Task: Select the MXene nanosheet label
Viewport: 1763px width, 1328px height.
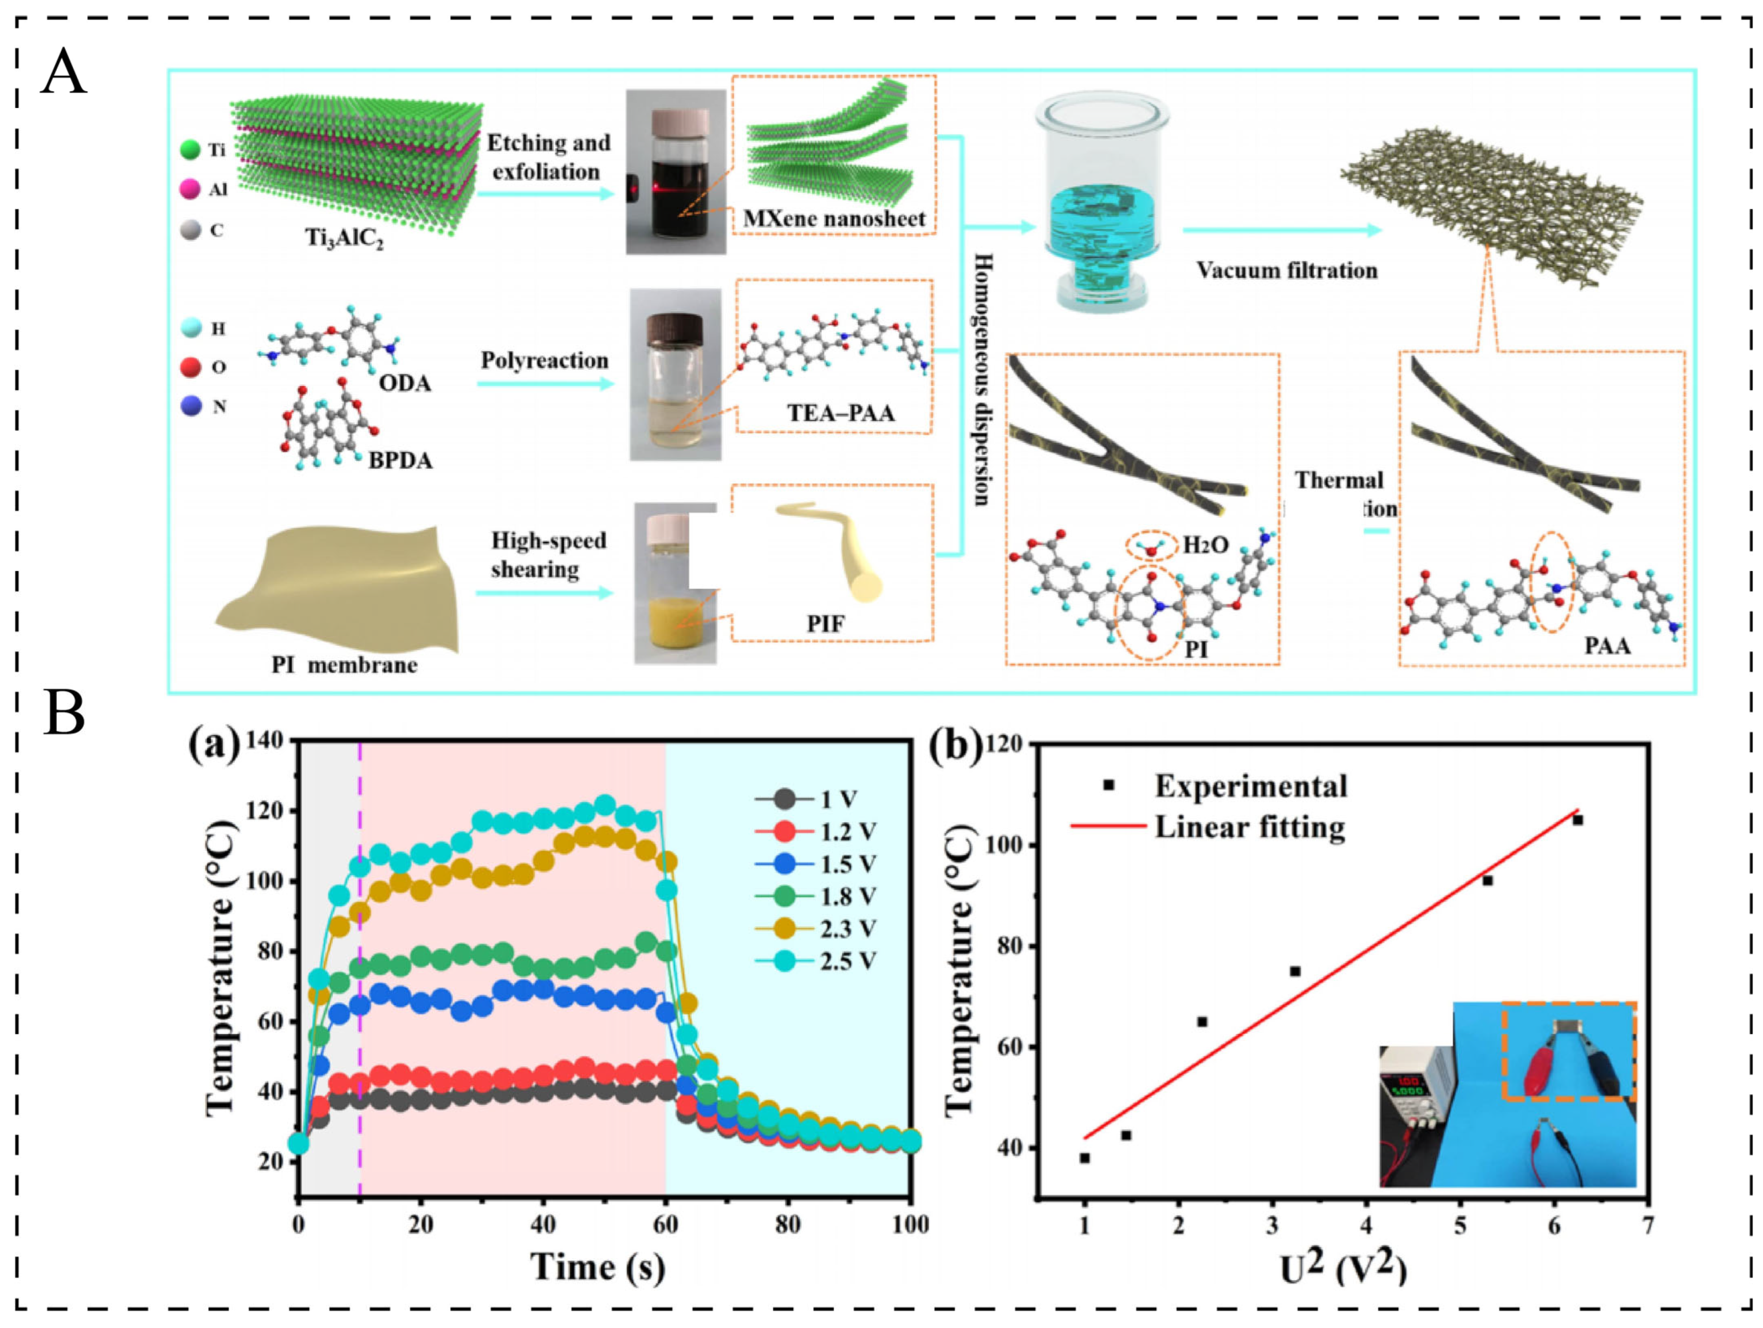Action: pos(834,219)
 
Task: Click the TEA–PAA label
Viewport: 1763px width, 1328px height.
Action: pos(841,413)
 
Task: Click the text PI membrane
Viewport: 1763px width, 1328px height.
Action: pos(344,665)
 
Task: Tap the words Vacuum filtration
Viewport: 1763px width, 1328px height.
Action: pos(1286,270)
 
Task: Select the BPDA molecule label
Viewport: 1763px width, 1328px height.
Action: pos(400,461)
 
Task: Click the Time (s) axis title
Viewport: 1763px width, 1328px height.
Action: pos(598,1268)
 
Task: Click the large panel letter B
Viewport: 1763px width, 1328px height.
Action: pos(64,713)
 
